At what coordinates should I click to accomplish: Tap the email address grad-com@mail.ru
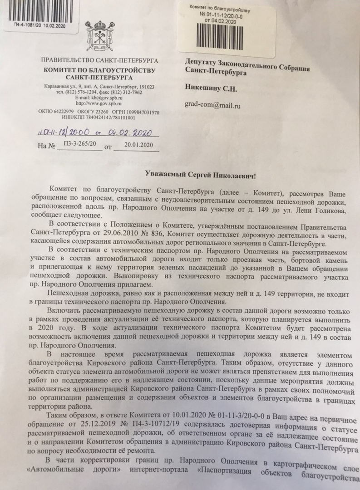point(212,105)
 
